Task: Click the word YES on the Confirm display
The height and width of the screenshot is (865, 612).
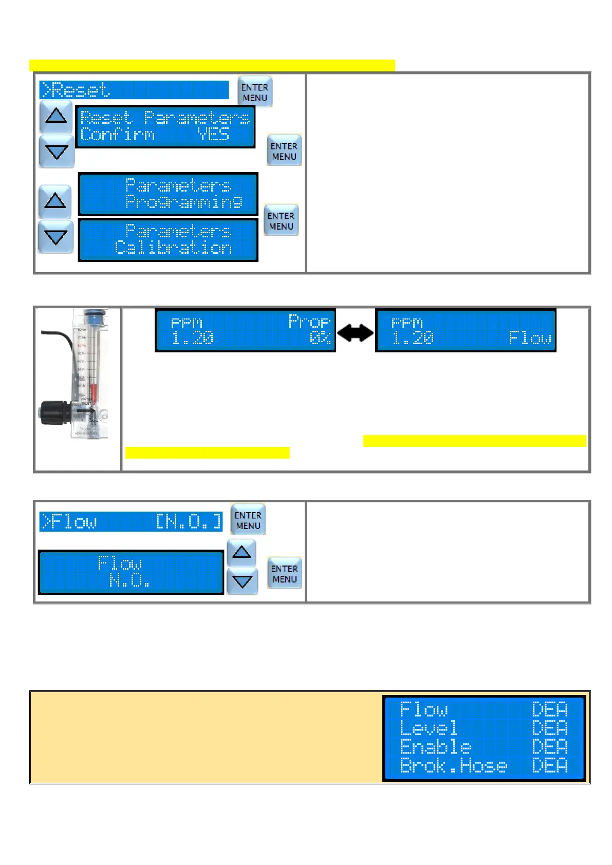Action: point(213,135)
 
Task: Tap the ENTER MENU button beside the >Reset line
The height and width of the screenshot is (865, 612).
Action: point(255,92)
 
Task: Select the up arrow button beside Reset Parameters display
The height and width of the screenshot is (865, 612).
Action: point(56,116)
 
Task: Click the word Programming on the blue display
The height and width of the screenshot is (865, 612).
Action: point(184,202)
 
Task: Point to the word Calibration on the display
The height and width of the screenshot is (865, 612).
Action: point(173,248)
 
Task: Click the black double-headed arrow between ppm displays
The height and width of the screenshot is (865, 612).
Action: point(356,333)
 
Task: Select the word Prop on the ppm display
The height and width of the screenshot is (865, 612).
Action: point(309,322)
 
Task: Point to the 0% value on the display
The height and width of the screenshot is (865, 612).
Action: point(320,338)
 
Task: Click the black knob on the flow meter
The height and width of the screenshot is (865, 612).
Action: point(52,413)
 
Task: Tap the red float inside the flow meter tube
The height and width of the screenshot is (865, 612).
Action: point(94,394)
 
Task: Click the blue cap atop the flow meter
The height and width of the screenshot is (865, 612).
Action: point(94,315)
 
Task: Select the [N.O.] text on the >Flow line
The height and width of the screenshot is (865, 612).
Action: point(189,522)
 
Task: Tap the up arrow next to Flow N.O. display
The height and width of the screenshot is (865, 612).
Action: point(242,552)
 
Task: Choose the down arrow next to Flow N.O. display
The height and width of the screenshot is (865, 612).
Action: point(242,581)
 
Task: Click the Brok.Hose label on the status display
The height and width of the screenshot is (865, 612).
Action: point(453,766)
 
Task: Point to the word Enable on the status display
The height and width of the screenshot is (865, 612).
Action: point(435,747)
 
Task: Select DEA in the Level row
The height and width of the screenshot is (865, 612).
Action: point(549,728)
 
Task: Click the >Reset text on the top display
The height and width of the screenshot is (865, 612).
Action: point(76,90)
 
